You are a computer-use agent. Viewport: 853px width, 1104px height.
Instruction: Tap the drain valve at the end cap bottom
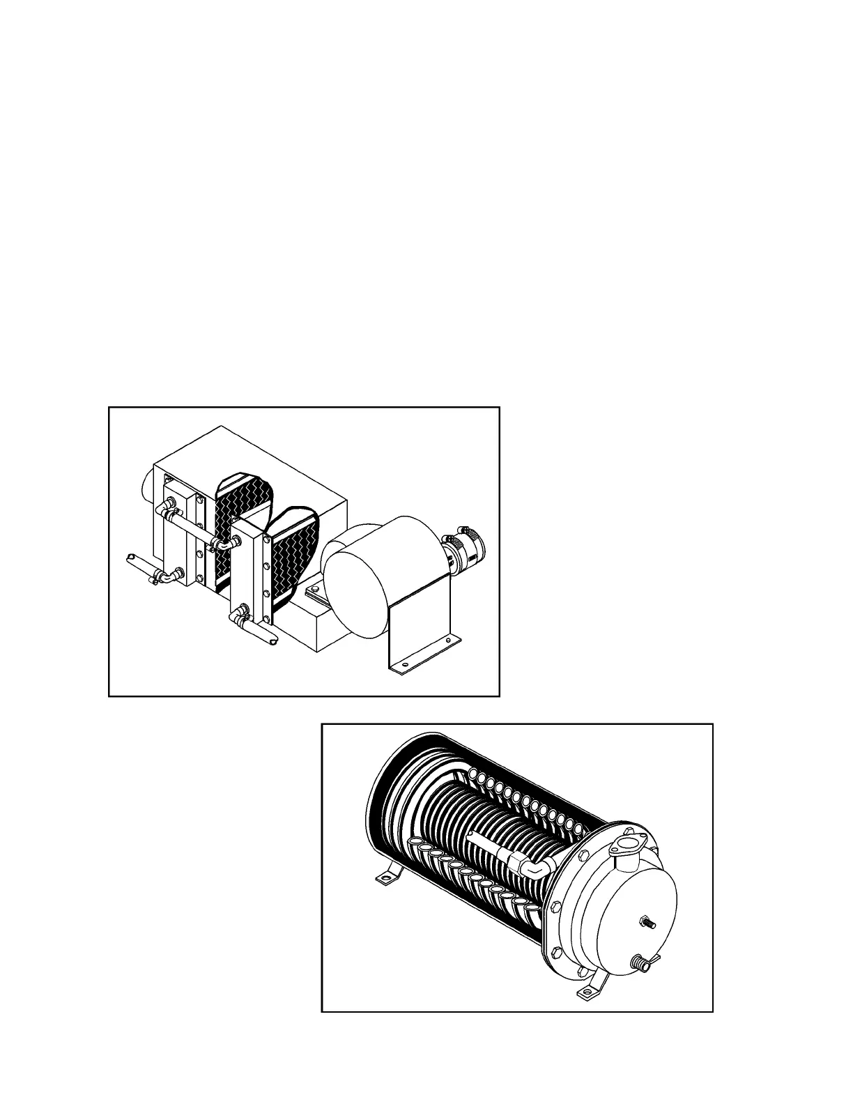tap(642, 964)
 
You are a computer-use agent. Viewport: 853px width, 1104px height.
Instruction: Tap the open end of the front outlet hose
tap(272, 637)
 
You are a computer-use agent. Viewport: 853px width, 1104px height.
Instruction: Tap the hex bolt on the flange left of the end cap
tap(555, 908)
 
